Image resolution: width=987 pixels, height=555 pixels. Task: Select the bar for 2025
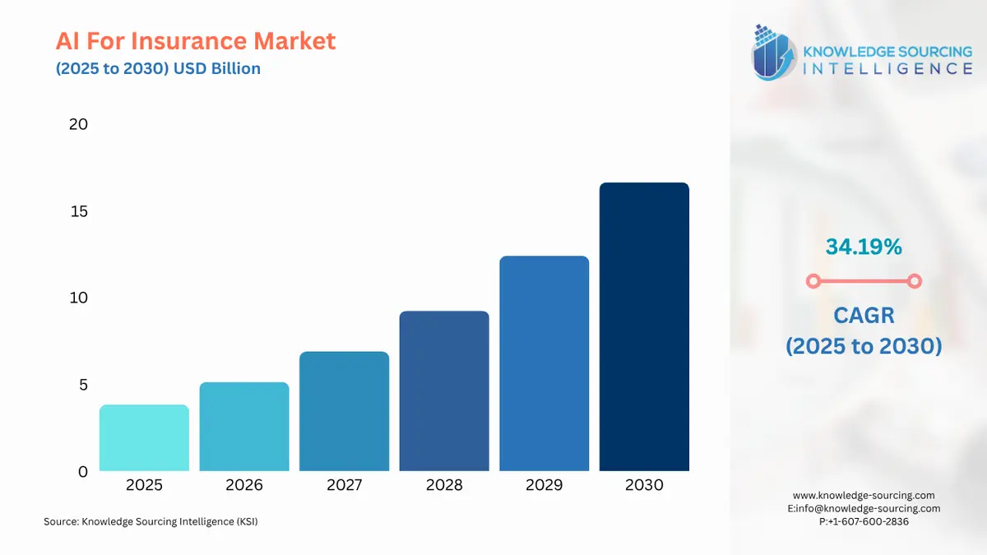coord(144,438)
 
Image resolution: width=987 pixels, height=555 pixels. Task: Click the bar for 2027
coord(344,411)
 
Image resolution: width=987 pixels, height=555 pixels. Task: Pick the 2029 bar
coord(544,363)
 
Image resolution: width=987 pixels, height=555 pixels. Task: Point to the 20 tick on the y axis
coord(78,124)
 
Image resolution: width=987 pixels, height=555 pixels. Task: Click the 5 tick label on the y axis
coord(82,385)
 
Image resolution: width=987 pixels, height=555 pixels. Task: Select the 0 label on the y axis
coord(82,472)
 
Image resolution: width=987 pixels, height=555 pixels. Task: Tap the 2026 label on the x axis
coord(244,485)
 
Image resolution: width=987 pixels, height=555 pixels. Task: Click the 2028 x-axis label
coord(444,485)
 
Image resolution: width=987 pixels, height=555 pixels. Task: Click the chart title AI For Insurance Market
coord(196,40)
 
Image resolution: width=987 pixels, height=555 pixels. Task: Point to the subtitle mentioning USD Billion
coord(158,68)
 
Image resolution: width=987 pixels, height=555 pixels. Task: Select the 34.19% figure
coord(864,246)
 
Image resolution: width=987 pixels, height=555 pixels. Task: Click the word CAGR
coord(864,315)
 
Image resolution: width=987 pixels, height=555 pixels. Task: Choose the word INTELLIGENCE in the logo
coord(887,68)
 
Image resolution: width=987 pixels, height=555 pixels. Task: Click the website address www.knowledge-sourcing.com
coord(864,495)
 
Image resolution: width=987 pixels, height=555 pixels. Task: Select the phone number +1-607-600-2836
coord(867,521)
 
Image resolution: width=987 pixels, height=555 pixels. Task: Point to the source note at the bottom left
coord(151,521)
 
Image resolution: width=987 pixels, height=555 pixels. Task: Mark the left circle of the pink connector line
coord(813,281)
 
